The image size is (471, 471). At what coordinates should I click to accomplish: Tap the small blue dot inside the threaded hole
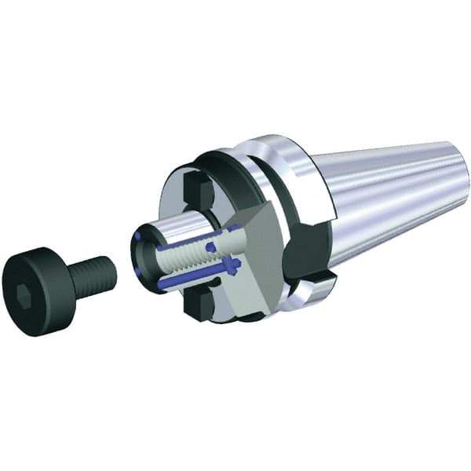pos(210,247)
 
